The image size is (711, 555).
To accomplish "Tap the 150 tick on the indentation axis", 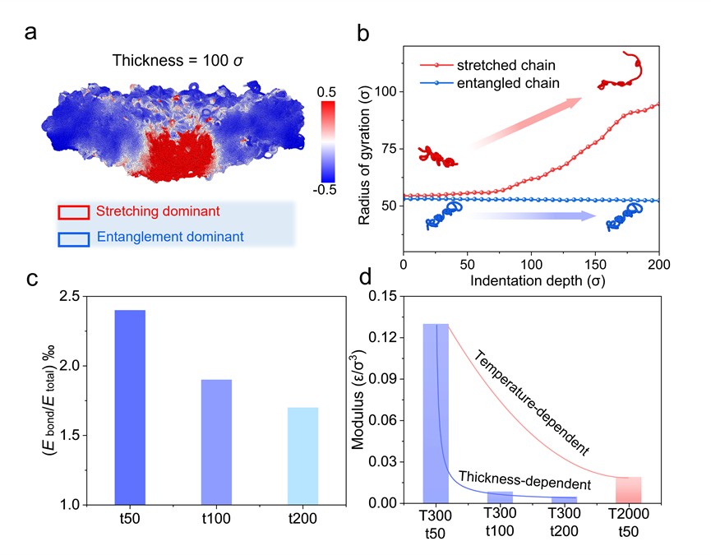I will pos(596,266).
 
